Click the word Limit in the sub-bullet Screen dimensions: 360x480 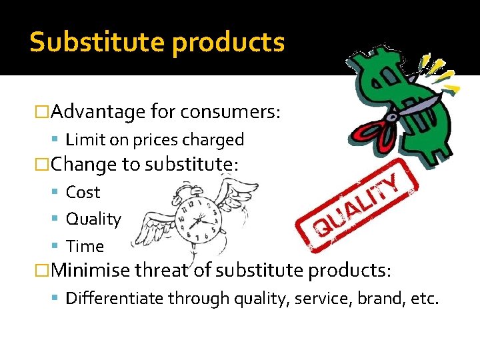[83, 139]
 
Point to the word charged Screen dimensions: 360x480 [217, 139]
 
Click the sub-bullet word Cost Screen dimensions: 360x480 [83, 192]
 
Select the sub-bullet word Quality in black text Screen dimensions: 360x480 [93, 219]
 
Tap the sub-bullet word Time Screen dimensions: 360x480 [85, 246]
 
